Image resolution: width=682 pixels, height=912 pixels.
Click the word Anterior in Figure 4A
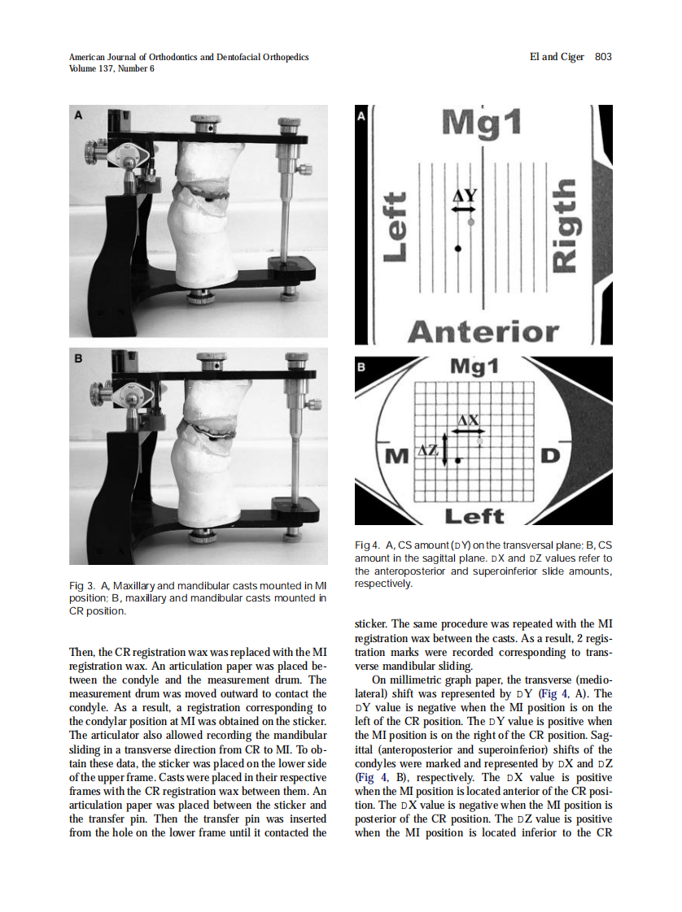[483, 332]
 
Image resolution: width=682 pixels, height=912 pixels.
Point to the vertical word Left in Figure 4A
[394, 226]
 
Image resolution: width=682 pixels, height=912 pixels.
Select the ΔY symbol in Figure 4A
[464, 196]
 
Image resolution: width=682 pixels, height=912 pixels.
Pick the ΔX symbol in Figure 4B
[469, 420]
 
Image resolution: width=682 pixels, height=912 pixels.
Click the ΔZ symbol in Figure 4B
[428, 450]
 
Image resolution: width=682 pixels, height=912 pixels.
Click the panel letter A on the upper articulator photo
[79, 116]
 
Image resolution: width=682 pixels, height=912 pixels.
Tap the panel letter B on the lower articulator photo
[79, 358]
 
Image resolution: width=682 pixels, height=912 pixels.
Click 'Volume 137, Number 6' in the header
[111, 68]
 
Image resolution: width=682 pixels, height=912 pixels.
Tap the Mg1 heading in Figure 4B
[474, 368]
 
